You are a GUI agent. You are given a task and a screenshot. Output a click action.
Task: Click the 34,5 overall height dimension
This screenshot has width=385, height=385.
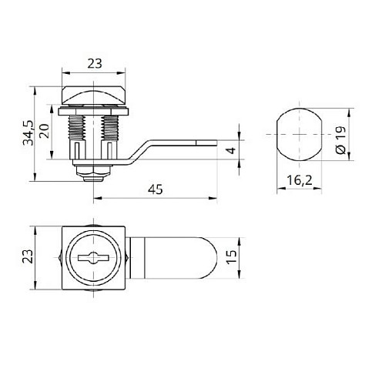[x=28, y=132]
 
